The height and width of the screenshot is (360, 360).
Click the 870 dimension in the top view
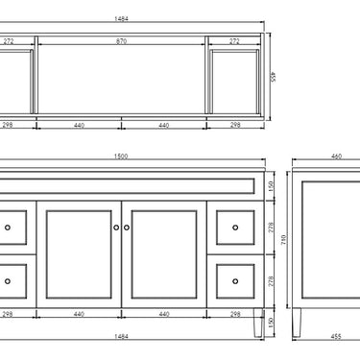pos(121,42)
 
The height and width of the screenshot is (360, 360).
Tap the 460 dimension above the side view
pos(335,156)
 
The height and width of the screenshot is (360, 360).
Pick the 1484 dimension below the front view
pos(121,335)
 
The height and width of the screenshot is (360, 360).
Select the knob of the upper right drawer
pos(236,228)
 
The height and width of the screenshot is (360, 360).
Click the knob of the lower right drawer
pos(236,280)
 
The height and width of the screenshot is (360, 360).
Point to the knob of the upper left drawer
pos(9,228)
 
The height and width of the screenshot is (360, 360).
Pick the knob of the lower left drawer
pos(9,280)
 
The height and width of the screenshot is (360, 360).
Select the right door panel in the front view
pos(164,253)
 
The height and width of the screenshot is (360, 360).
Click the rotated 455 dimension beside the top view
pos(273,76)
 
